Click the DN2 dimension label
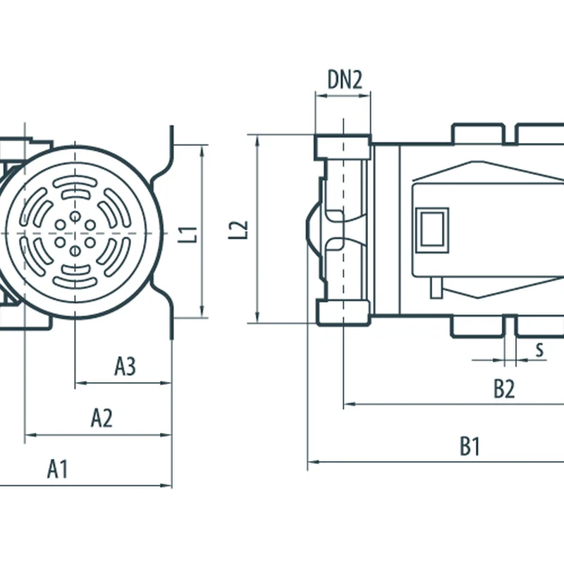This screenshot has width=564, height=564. pos(345,80)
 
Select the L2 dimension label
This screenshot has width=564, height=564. pos(240,230)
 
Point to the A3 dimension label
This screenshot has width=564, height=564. pos(125,366)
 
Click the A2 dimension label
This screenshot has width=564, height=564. pos(102,418)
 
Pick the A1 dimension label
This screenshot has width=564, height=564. pos(57,469)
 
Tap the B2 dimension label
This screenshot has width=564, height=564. pos(503,388)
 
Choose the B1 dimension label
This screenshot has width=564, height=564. pos(470,446)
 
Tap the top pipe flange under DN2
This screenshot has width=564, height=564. pos(343,147)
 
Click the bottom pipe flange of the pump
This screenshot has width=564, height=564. pos(343,312)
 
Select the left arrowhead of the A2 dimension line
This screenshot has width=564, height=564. pos(28,435)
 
